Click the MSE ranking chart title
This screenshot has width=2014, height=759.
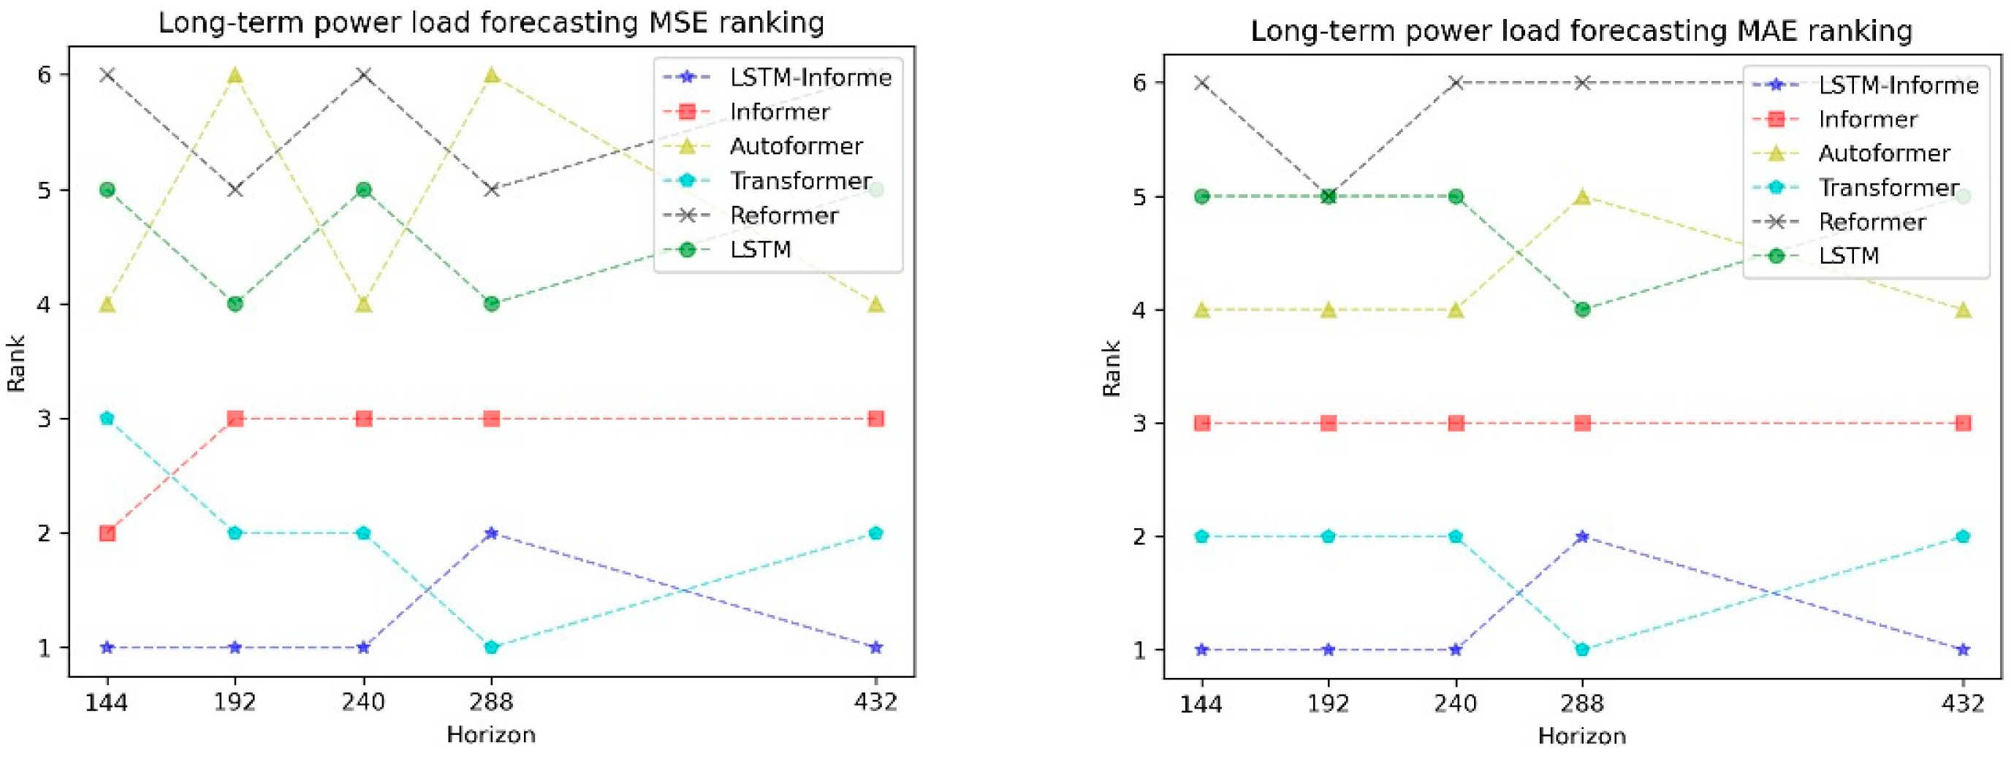pyautogui.click(x=491, y=23)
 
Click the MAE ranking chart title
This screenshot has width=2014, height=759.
pyautogui.click(x=1581, y=31)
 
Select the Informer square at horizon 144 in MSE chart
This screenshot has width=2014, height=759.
pyautogui.click(x=108, y=534)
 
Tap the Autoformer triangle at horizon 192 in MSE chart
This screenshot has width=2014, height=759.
pyautogui.click(x=235, y=76)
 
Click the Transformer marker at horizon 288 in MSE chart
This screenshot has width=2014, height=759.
pyautogui.click(x=491, y=647)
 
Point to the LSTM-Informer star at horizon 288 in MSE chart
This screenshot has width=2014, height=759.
pyautogui.click(x=491, y=533)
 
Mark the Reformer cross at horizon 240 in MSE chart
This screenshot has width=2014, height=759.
pyautogui.click(x=363, y=75)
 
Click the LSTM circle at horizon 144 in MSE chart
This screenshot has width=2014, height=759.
pyautogui.click(x=108, y=190)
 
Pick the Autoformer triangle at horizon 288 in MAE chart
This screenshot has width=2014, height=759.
pyautogui.click(x=1582, y=197)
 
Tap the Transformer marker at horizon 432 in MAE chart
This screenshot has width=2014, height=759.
pyautogui.click(x=1963, y=536)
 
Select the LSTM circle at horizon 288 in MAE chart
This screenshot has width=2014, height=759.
pyautogui.click(x=1582, y=310)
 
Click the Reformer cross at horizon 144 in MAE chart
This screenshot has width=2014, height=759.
pyautogui.click(x=1202, y=83)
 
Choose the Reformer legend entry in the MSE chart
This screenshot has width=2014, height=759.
pyautogui.click(x=783, y=215)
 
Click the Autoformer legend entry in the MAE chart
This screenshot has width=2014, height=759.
pyautogui.click(x=1883, y=153)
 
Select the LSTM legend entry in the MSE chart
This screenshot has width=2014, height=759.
pyautogui.click(x=760, y=249)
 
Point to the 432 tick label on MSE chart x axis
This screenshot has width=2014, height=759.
pyautogui.click(x=875, y=702)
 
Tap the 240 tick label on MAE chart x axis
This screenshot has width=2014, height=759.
pyautogui.click(x=1456, y=703)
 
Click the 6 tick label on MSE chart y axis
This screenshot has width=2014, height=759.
pyautogui.click(x=44, y=75)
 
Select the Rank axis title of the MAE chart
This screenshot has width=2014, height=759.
pyautogui.click(x=1111, y=368)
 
